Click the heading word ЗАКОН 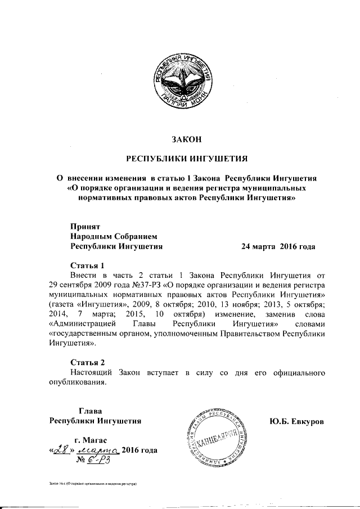point(186,139)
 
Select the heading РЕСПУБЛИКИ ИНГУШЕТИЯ point(186,159)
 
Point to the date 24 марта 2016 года point(278,246)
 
